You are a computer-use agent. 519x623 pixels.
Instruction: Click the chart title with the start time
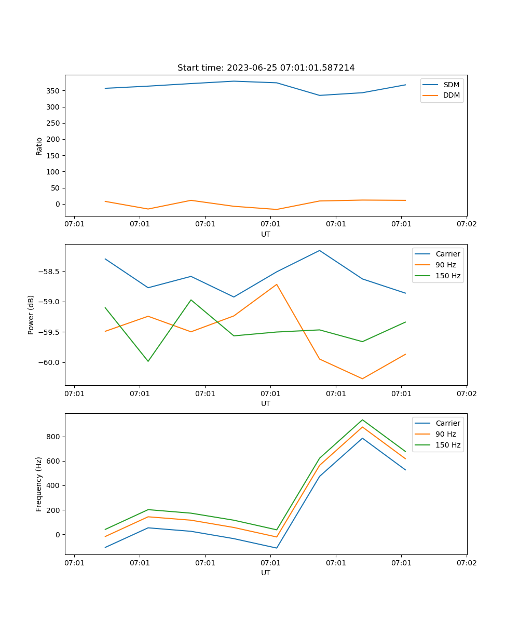[x=266, y=67]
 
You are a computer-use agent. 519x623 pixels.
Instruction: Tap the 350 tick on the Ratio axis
[x=53, y=91]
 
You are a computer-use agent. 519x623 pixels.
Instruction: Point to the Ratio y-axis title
[x=39, y=146]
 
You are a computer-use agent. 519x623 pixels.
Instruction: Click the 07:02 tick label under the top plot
[x=467, y=224]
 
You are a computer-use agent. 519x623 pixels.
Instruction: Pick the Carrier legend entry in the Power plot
[x=438, y=254]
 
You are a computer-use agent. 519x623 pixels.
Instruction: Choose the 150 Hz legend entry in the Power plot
[x=438, y=276]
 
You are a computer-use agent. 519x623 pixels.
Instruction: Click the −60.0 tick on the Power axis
[x=49, y=362]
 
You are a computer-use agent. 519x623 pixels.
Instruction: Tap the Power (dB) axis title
[x=31, y=315]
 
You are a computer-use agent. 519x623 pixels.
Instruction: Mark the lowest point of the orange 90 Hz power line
[x=362, y=378]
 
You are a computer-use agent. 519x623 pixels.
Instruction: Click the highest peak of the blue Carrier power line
[x=320, y=250]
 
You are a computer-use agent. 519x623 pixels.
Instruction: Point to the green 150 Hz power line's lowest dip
[x=148, y=361]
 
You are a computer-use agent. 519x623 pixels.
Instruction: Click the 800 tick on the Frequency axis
[x=53, y=437]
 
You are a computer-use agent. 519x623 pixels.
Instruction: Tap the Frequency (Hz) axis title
[x=38, y=484]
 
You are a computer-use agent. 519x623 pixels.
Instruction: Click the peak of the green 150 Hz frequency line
[x=362, y=420]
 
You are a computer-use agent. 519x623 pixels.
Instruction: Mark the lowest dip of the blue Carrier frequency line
[x=277, y=548]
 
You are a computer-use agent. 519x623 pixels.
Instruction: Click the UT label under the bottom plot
[x=265, y=573]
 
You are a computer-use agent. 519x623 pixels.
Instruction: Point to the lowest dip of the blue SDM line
[x=320, y=96]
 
